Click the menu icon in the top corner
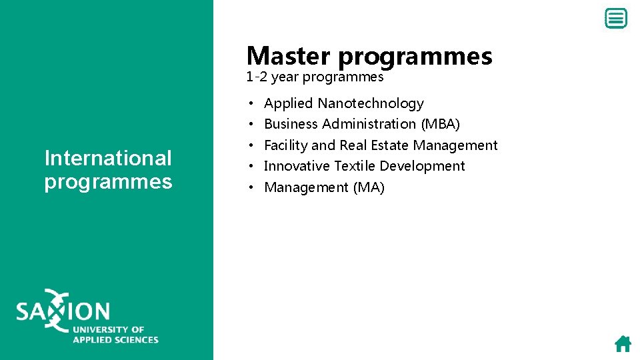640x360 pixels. click(615, 19)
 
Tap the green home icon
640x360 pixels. click(623, 343)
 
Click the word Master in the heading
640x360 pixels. click(289, 56)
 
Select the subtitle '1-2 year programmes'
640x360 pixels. click(315, 77)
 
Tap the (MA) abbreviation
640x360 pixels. click(369, 187)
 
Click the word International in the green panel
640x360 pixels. click(108, 158)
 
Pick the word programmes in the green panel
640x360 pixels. click(108, 181)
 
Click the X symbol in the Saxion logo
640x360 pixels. click(56, 310)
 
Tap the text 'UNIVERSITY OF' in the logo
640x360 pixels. click(109, 329)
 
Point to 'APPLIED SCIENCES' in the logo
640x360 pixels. click(115, 339)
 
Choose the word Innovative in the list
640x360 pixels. click(297, 166)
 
